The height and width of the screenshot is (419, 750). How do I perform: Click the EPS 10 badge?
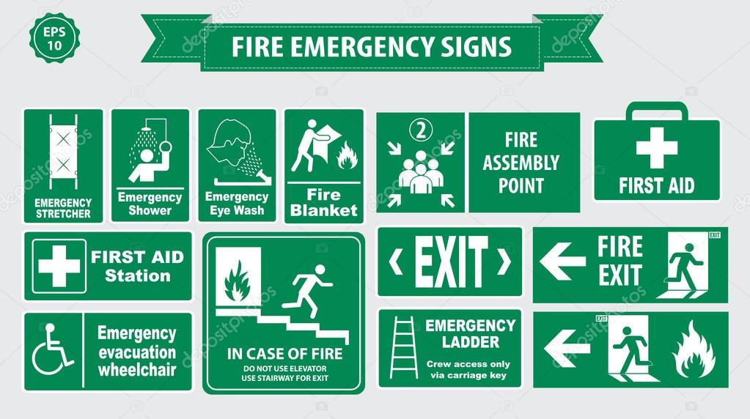[54, 37]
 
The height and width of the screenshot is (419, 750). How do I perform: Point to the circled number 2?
[421, 130]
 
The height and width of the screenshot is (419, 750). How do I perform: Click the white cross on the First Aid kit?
[656, 147]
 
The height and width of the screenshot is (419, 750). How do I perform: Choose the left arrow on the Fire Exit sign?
[562, 262]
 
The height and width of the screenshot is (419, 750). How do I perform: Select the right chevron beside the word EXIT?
[504, 262]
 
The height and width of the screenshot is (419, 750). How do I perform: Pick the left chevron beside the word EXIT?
[396, 262]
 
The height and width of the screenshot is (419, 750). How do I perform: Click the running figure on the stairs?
[311, 293]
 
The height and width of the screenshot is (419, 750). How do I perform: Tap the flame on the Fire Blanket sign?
[347, 155]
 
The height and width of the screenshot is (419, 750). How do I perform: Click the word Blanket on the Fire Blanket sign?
[323, 211]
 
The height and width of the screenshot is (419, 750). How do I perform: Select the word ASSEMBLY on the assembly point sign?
[521, 163]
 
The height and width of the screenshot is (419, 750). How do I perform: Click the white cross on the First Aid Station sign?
[59, 266]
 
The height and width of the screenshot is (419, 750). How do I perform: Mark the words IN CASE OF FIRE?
[284, 354]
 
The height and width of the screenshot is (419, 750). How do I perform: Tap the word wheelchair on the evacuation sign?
[137, 369]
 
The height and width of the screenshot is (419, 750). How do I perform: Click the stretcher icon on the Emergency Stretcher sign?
[63, 152]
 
